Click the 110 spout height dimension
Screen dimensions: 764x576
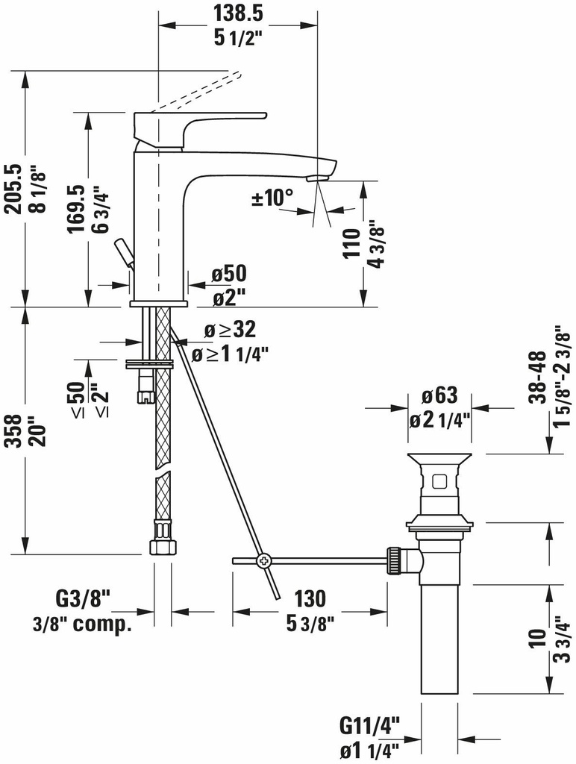[351, 243]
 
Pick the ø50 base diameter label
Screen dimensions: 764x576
[228, 274]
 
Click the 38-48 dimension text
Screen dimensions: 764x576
[536, 376]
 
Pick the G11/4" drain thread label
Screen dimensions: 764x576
[370, 724]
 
